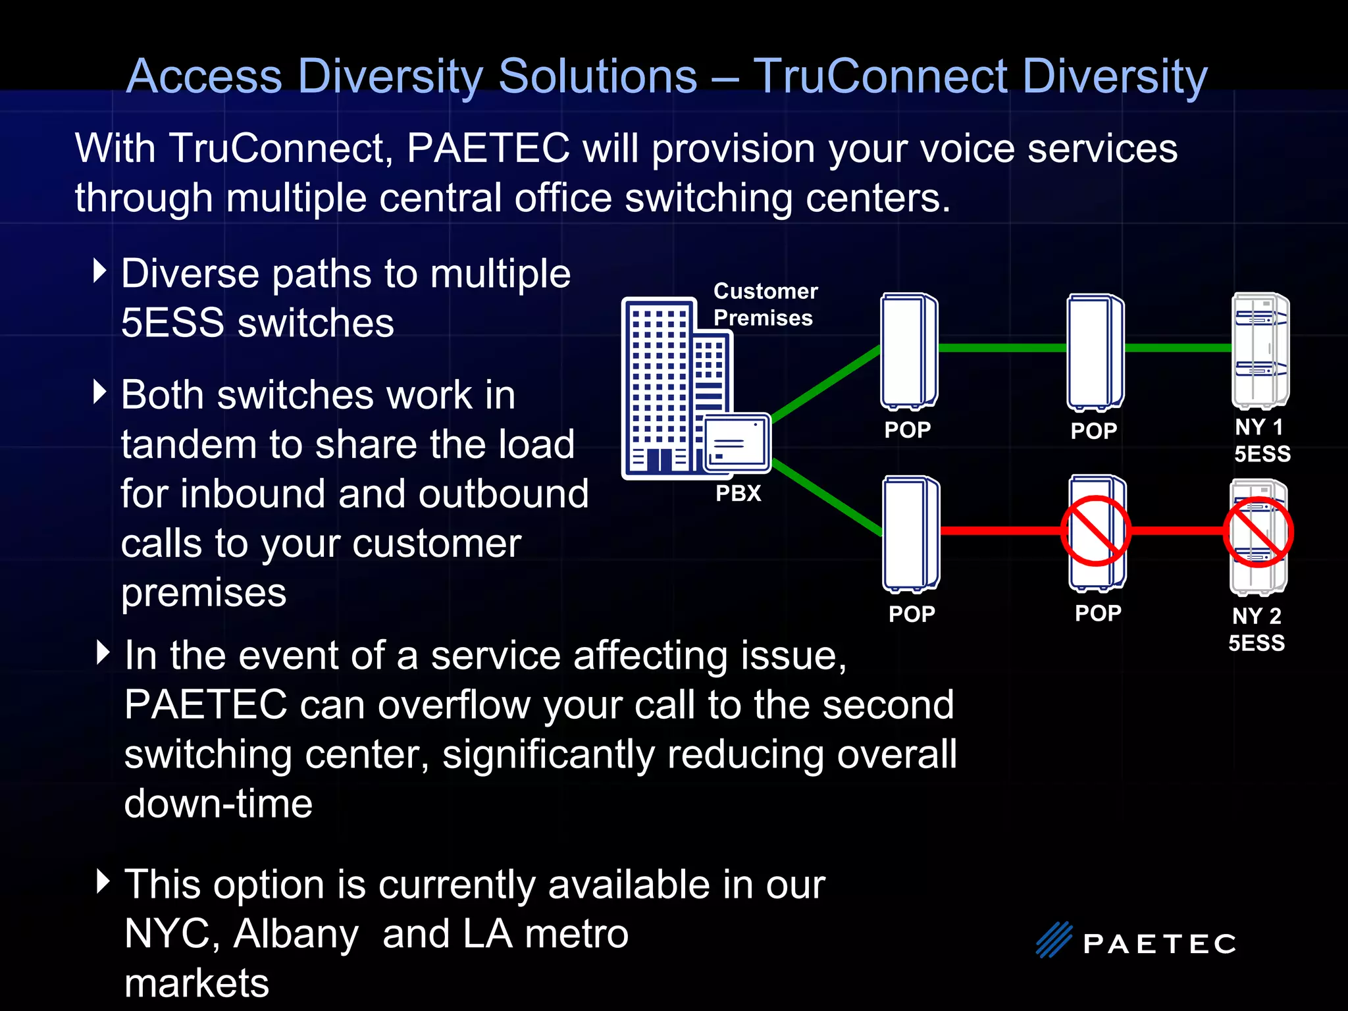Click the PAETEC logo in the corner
pos(1135,941)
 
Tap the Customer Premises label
pos(765,304)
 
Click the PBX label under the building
pos(738,493)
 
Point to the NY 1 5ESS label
pos(1261,440)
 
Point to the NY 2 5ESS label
pos(1257,629)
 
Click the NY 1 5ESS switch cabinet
pos(1260,350)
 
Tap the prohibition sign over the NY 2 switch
pos(1258,532)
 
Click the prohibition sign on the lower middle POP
pos(1096,531)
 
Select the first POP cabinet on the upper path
pos(909,350)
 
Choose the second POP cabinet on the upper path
pos(1095,351)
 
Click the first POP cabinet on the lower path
pos(911,533)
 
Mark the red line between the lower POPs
pos(1000,531)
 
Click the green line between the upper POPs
pos(1002,348)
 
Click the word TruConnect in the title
pos(881,76)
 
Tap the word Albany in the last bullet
pos(296,933)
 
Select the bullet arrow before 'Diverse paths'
pos(100,271)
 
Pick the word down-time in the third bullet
pos(219,804)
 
